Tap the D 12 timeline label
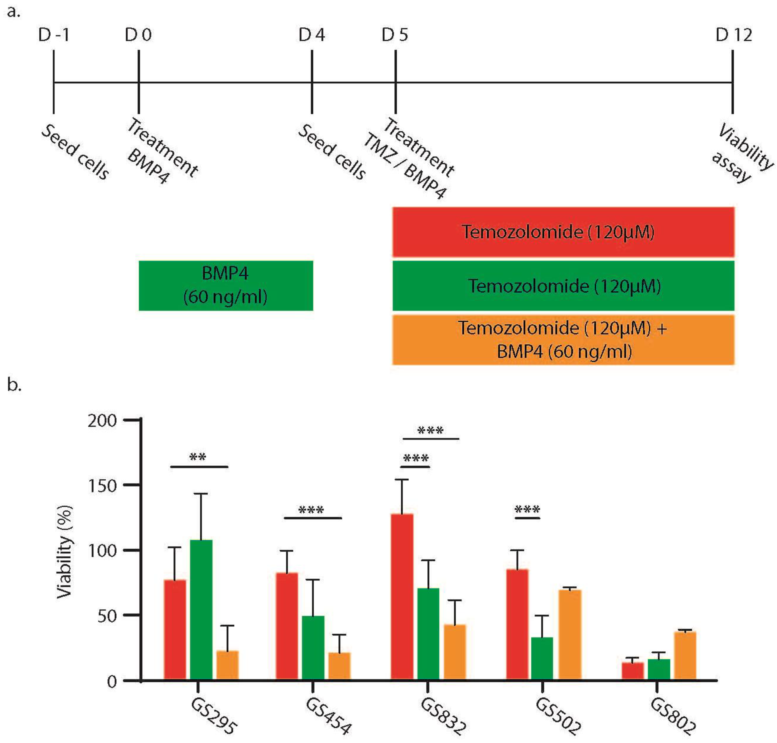pyautogui.click(x=734, y=35)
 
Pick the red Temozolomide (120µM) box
pyautogui.click(x=563, y=232)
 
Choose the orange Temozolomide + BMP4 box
pyautogui.click(x=563, y=340)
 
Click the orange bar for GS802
pyautogui.click(x=685, y=656)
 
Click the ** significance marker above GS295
pyautogui.click(x=198, y=457)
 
